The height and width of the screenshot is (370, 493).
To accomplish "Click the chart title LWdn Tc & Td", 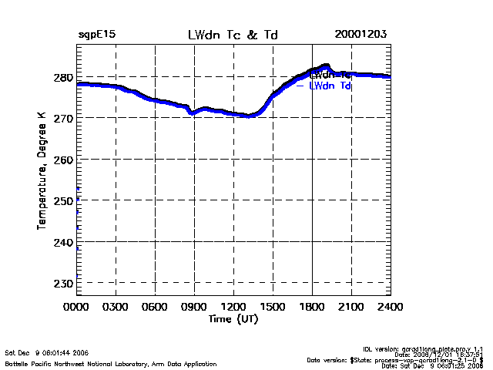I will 233,35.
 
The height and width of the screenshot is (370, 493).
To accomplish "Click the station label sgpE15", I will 96,35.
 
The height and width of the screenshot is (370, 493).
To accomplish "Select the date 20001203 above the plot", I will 361,35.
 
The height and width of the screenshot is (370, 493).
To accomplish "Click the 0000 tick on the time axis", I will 76,306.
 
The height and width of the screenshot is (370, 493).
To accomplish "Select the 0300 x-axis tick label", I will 116,306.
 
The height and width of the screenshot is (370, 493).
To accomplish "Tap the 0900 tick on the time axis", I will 194,306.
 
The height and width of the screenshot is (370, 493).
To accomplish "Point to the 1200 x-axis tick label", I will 233,306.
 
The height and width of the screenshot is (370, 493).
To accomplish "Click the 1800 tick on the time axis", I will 312,306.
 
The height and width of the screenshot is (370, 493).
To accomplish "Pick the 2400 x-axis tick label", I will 391,306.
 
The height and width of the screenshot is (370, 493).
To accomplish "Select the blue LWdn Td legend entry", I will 330,86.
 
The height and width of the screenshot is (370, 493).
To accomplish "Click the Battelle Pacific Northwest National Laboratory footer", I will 111,363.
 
